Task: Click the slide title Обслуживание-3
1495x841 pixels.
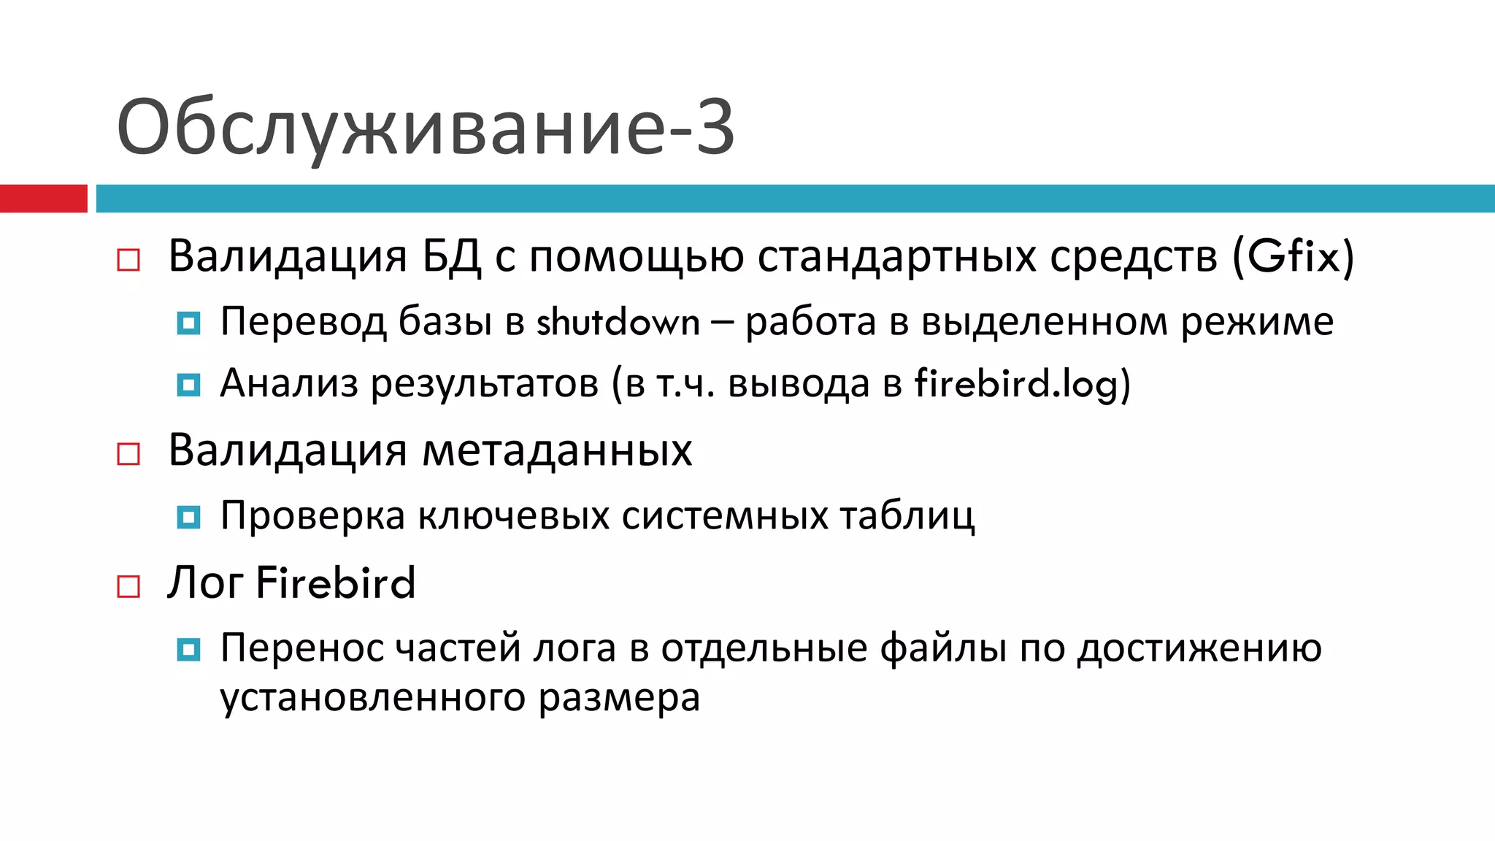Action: point(425,128)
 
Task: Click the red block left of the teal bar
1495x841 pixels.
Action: point(43,199)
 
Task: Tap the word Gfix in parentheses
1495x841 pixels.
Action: point(1294,257)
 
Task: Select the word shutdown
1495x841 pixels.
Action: point(618,322)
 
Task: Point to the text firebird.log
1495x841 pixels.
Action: point(1016,384)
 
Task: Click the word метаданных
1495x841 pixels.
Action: point(557,450)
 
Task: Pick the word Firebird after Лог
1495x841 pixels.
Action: point(336,583)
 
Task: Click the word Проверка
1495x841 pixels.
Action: point(312,516)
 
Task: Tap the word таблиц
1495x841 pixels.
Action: point(907,516)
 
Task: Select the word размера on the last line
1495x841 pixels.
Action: point(619,698)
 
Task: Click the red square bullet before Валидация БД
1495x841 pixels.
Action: point(128,260)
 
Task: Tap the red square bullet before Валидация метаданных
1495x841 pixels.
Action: point(128,454)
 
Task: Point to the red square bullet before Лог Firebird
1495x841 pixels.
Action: point(128,586)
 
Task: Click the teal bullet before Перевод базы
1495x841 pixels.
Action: point(188,323)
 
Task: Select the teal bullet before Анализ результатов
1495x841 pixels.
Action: point(188,385)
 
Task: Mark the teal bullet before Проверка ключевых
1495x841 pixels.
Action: point(188,517)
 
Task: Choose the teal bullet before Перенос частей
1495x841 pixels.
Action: point(188,649)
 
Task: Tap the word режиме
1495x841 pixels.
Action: point(1257,322)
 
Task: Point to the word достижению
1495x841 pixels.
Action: point(1199,648)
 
